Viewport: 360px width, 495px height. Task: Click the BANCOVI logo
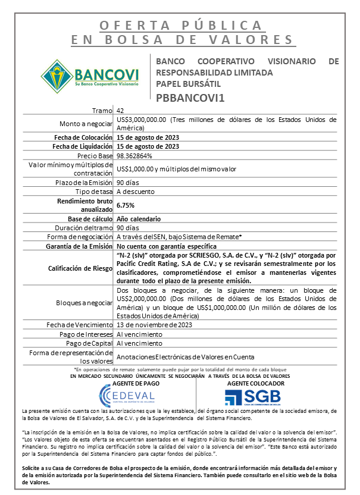coord(90,76)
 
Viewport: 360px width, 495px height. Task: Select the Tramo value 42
coord(120,111)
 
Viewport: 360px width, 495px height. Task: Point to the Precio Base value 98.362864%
coord(134,155)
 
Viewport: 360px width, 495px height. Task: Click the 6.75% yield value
coord(126,205)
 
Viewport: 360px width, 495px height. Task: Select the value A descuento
coord(136,192)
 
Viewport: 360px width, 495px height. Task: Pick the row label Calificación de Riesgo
coord(80,268)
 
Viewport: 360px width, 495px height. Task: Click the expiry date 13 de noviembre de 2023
coord(154,325)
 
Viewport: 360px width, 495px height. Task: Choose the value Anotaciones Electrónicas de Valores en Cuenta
coord(185,357)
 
